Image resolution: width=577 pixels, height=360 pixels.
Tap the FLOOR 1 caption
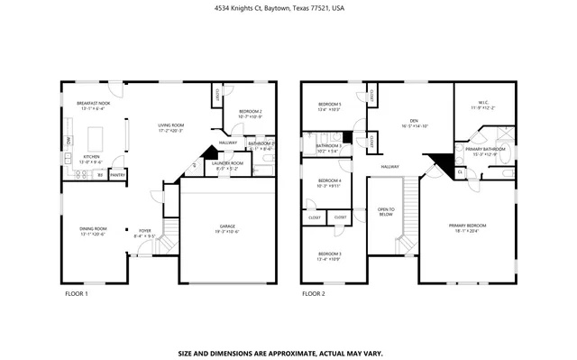[76, 294]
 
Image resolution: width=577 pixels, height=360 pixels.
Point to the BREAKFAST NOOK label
[93, 105]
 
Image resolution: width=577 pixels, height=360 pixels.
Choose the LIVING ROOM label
[170, 127]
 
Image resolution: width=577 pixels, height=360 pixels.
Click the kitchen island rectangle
[97, 139]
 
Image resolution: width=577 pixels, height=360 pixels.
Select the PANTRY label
[117, 175]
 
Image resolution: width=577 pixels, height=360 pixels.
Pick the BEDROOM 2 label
[249, 113]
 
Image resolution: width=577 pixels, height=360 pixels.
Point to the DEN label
[414, 122]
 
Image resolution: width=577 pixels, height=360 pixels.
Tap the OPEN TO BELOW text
[385, 212]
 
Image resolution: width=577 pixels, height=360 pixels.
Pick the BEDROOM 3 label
[329, 256]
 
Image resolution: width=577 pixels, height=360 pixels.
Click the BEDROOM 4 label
[329, 183]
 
